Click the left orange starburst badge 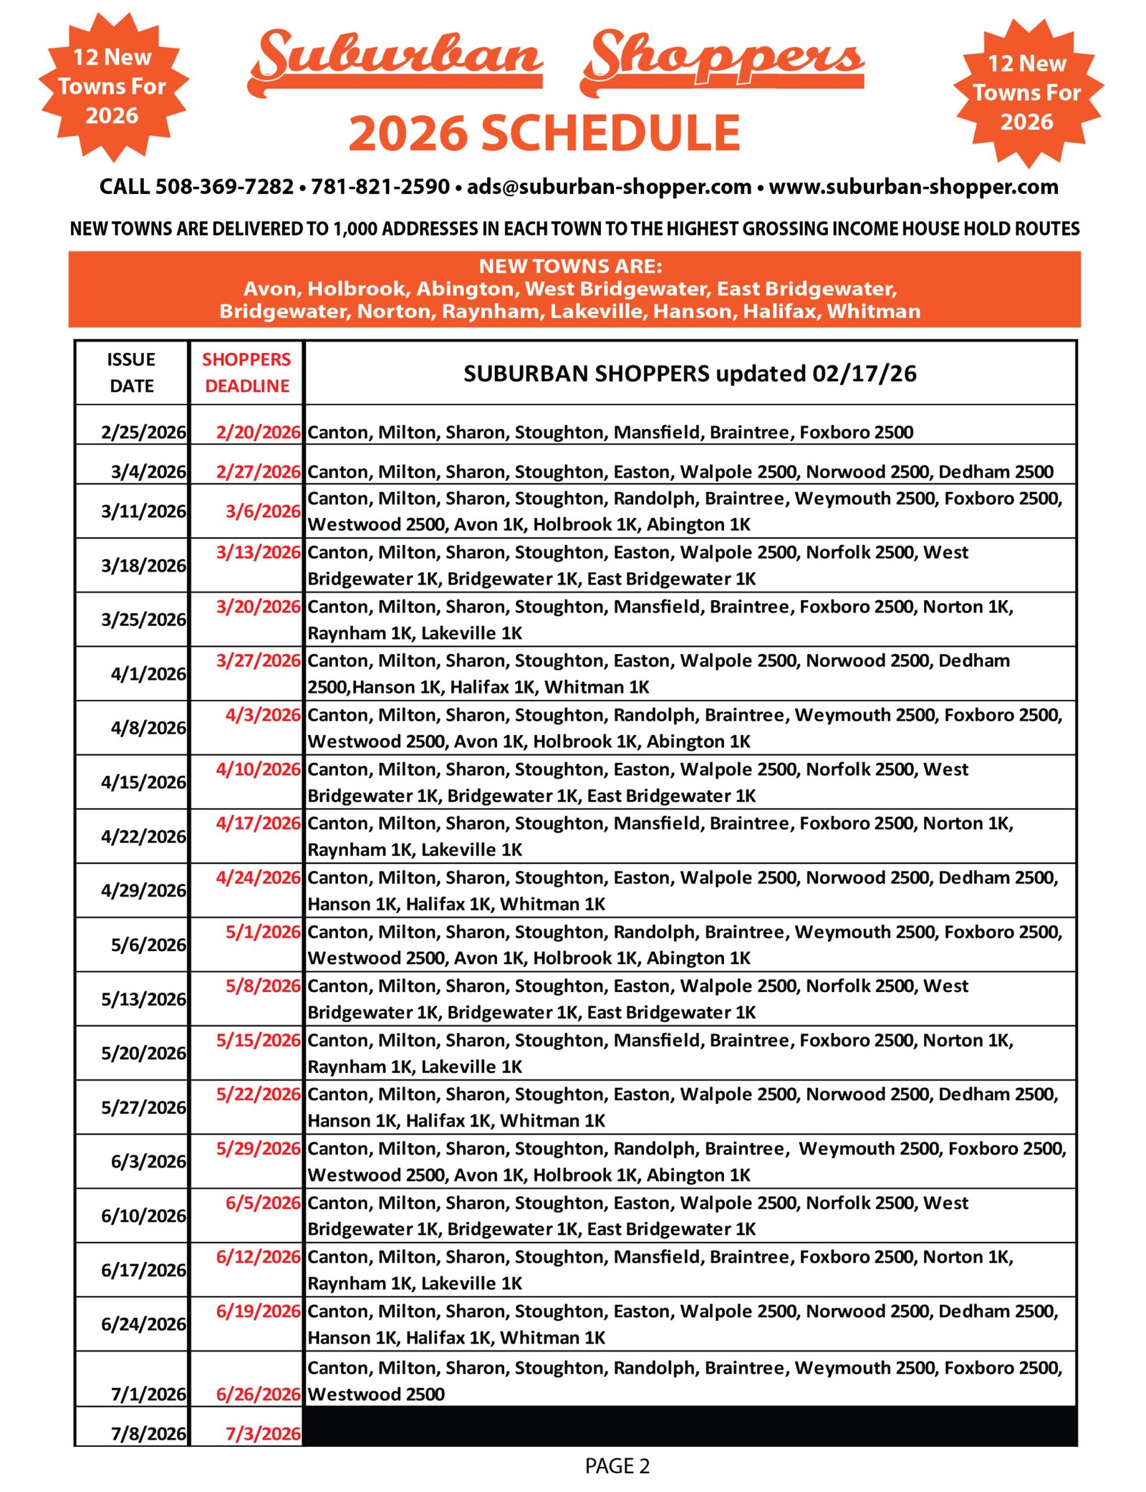coord(112,86)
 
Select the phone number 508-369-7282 coord(224,187)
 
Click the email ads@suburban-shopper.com coord(609,187)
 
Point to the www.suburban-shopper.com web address coord(913,187)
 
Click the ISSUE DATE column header coord(131,372)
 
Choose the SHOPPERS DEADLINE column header coord(246,372)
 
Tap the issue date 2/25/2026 coord(143,432)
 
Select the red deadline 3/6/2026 coord(263,511)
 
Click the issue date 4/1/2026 coord(148,673)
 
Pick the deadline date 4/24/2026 coord(258,877)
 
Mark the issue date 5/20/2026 coord(143,1053)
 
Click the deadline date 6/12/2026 coord(258,1256)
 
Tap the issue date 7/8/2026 coord(148,1433)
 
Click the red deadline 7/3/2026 coord(263,1433)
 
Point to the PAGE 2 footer coord(617,1466)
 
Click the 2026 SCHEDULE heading coord(544,133)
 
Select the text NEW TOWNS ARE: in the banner coord(571,266)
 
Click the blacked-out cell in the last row coord(690,1425)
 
